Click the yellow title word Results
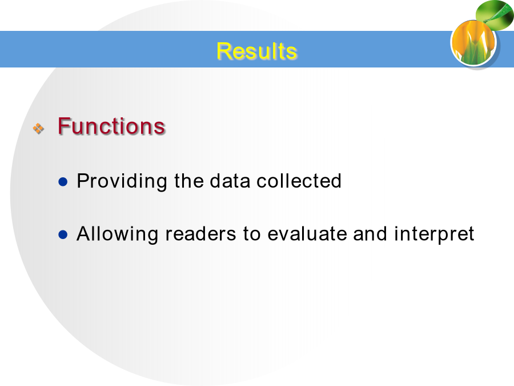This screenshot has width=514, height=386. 256,51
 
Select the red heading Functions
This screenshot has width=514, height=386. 111,126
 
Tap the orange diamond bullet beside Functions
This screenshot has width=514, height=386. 38,128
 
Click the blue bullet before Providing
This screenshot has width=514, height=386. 63,181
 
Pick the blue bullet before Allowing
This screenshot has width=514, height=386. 63,234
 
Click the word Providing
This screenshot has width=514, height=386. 122,181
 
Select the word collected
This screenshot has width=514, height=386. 299,181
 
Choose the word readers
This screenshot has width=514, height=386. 200,234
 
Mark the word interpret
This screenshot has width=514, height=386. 434,234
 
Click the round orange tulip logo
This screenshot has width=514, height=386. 474,43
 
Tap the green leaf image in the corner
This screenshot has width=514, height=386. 495,14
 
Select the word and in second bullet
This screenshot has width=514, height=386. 370,234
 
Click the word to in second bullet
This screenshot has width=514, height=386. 252,234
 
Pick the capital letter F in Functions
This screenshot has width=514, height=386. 63,126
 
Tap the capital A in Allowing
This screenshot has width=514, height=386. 83,233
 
